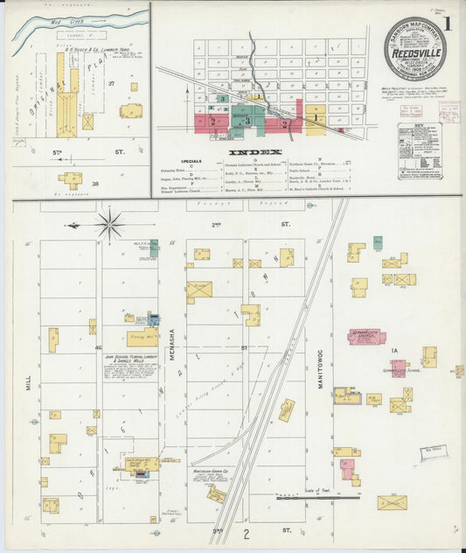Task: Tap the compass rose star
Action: [x=110, y=224]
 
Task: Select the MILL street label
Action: [x=28, y=382]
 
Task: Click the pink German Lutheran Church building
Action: [x=367, y=336]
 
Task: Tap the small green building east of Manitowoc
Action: [x=378, y=242]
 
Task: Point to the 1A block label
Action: [x=394, y=351]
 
